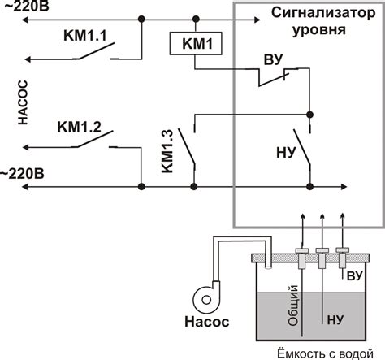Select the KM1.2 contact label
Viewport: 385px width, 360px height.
coord(79,127)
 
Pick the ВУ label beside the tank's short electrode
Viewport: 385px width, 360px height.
coord(354,276)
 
